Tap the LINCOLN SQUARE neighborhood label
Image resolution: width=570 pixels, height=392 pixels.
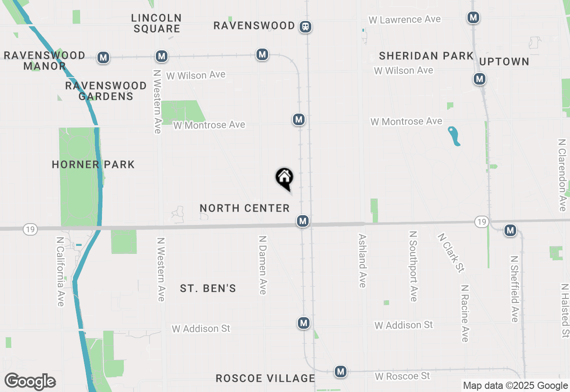157,23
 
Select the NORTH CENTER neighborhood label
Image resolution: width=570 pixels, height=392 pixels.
244,208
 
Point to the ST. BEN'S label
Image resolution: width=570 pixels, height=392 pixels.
208,288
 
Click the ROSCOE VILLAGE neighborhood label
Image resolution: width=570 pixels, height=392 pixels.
265,378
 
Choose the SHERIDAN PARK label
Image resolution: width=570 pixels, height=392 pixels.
426,56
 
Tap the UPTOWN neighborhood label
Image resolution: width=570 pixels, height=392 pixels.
504,61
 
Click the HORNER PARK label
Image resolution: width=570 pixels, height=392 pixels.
93,164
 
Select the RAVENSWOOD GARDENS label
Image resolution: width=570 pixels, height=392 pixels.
106,91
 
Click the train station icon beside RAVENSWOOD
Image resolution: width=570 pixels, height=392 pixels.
305,27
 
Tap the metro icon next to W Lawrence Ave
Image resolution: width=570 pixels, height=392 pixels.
473,18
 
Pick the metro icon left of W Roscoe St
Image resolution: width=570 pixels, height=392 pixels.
341,371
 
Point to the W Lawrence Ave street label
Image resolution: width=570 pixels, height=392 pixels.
404,20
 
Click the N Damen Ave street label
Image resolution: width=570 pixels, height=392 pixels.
263,265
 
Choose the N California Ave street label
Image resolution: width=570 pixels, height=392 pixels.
61,271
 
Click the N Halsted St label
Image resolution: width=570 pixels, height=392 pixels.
565,310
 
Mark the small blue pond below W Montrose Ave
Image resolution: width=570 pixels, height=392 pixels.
454,136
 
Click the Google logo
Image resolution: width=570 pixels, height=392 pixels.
30,382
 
